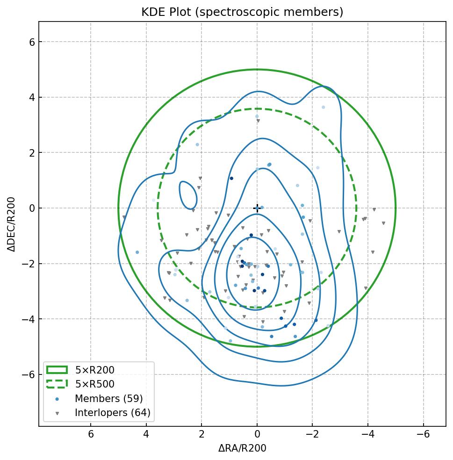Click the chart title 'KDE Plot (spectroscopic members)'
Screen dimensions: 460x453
point(242,12)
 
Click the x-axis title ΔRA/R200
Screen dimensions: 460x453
point(242,448)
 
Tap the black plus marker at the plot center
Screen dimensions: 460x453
point(257,208)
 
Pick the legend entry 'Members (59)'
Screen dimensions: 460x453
point(108,399)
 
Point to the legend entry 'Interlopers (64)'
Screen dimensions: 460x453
point(112,413)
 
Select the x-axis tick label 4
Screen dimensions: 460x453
point(146,435)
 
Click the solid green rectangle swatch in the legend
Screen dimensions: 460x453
point(57,370)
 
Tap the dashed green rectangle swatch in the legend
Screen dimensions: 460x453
point(57,384)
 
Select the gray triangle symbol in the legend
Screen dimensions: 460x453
point(57,413)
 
